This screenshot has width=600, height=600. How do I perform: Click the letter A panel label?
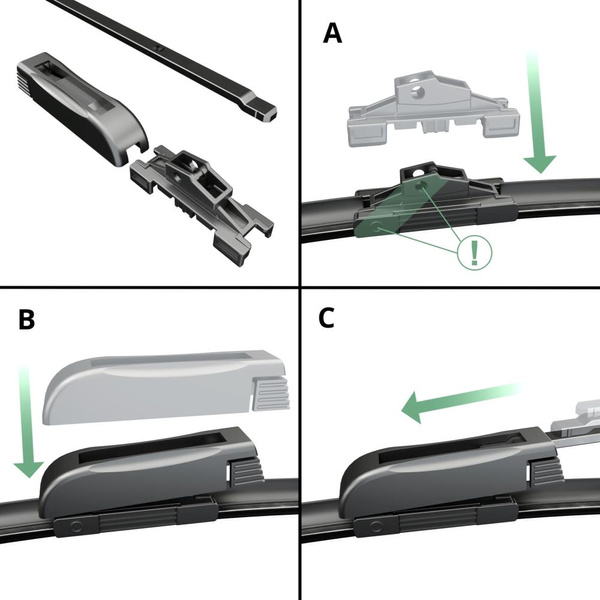[x=332, y=34]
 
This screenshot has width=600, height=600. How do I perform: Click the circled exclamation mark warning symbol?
[x=473, y=250]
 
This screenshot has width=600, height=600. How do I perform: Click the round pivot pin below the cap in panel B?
[x=72, y=526]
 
